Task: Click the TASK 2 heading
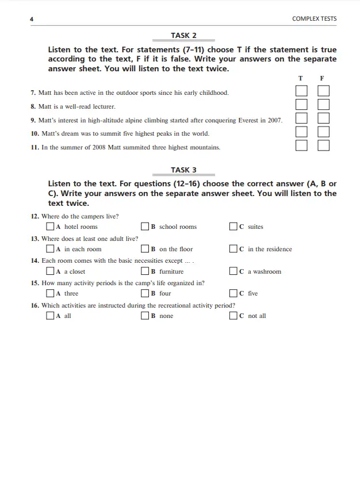click(183, 36)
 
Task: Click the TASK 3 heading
click(183, 170)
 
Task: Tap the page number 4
click(32, 19)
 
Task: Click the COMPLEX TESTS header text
click(314, 19)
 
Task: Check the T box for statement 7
click(301, 91)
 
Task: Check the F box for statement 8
click(324, 105)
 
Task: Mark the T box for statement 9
click(301, 118)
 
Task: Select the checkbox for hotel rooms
click(51, 227)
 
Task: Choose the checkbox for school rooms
click(145, 227)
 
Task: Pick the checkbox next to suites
click(233, 227)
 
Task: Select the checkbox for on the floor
click(145, 249)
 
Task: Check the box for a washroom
click(233, 271)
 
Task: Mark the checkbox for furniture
click(145, 271)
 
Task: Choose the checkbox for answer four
click(145, 293)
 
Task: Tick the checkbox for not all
click(233, 316)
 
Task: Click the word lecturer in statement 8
click(102, 106)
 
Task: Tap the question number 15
click(35, 283)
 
